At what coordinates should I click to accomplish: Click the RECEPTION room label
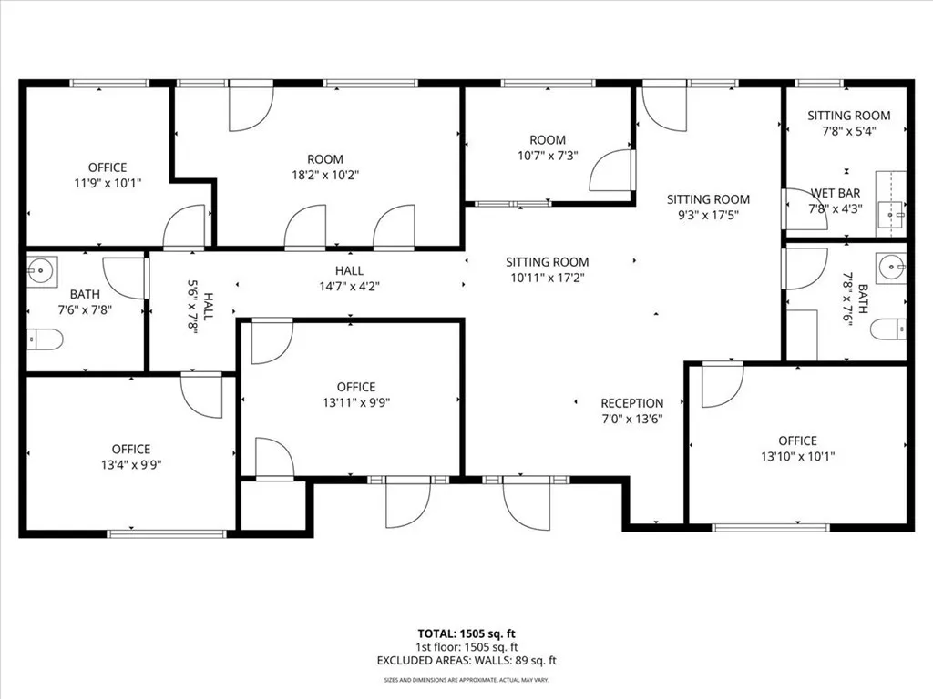point(631,403)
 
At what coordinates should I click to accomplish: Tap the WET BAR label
point(835,193)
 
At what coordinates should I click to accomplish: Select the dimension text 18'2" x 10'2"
point(324,176)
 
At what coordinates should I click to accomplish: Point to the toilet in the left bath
point(45,339)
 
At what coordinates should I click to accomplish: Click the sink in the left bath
point(41,270)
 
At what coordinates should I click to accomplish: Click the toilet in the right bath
point(888,329)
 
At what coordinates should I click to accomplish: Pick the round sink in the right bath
point(892,268)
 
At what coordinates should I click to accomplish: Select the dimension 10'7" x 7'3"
point(548,156)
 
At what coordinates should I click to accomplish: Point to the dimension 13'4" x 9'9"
point(131,464)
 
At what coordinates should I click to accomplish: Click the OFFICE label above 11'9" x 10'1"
point(108,167)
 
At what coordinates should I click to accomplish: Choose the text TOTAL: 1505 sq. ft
point(466,633)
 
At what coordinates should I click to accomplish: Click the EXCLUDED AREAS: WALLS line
point(466,661)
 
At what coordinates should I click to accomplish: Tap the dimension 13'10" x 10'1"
point(797,456)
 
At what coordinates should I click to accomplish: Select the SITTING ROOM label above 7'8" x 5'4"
point(849,116)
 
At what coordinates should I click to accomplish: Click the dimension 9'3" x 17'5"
point(708,215)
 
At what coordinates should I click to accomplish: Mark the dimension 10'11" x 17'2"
point(548,278)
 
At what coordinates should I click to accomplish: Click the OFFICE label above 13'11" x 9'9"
point(355,387)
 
